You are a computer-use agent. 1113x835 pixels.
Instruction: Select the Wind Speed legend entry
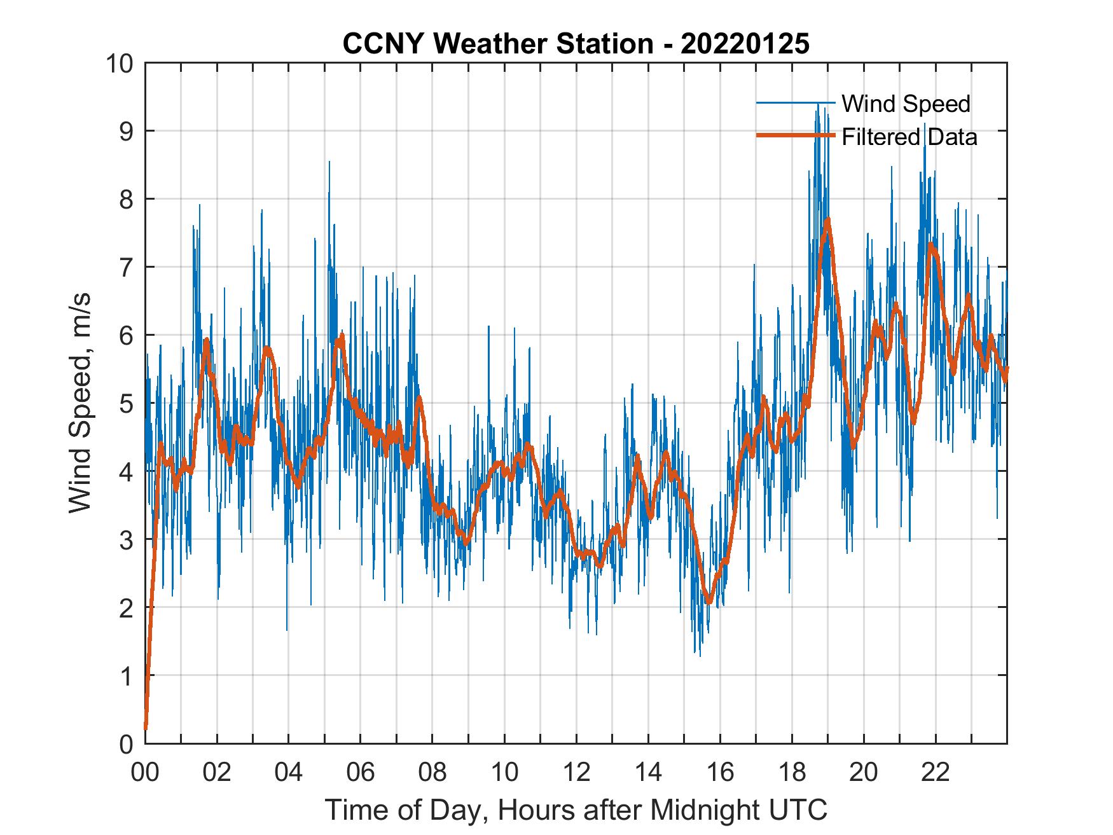pyautogui.click(x=906, y=104)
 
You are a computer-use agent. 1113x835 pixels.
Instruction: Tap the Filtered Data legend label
pyautogui.click(x=909, y=137)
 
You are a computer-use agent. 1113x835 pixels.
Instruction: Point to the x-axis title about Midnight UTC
pyautogui.click(x=576, y=810)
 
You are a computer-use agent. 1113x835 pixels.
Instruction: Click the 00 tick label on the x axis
pyautogui.click(x=145, y=772)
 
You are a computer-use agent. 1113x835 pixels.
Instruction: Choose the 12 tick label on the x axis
pyautogui.click(x=576, y=772)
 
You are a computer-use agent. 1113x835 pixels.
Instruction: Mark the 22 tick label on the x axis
pyautogui.click(x=936, y=772)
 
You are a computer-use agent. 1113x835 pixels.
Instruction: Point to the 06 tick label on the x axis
pyautogui.click(x=361, y=772)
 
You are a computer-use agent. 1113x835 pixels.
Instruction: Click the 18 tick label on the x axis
pyautogui.click(x=792, y=772)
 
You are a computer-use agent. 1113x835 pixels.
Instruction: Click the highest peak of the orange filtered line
pyautogui.click(x=827, y=220)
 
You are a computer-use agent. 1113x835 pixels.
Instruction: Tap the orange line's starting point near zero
pyautogui.click(x=146, y=727)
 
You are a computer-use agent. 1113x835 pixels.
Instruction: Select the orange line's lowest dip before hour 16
pyautogui.click(x=709, y=602)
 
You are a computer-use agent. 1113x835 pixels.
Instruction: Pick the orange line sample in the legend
pyautogui.click(x=795, y=136)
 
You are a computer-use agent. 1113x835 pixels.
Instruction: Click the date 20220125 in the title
pyautogui.click(x=745, y=44)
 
